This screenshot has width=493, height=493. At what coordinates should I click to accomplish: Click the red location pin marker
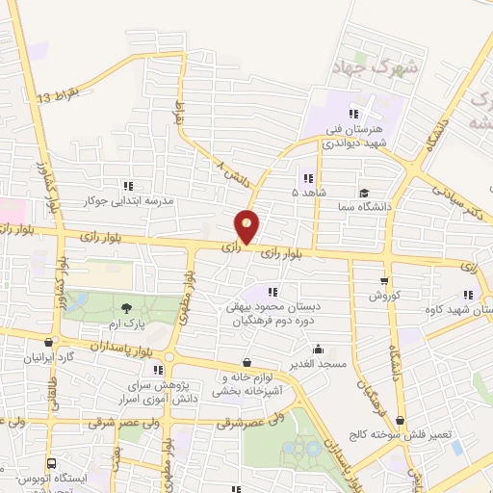pos(247,227)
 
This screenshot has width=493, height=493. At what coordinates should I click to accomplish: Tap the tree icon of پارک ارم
pos(127,308)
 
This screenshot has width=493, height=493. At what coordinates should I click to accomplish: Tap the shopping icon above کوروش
pos(384,281)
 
